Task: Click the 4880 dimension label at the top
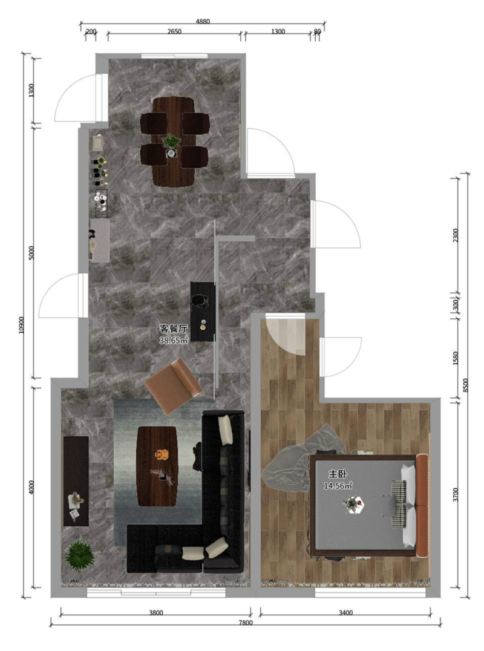pos(202,22)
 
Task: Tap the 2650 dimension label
pos(174,31)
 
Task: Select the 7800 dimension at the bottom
pos(245,623)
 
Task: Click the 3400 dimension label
pos(346,612)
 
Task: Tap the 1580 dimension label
pos(456,358)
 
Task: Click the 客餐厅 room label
pos(174,329)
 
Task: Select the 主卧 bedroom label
pos(338,474)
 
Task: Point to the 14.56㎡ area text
pos(338,485)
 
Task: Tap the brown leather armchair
pos(173,386)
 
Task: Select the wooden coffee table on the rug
pos(157,466)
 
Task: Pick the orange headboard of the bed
pos(422,505)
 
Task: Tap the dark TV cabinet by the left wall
pos(76,481)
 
